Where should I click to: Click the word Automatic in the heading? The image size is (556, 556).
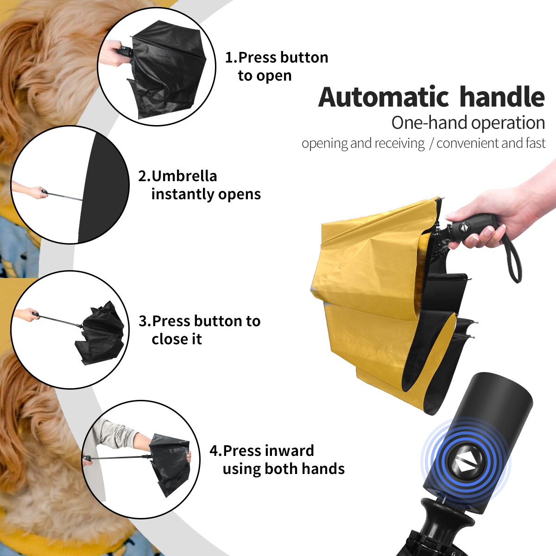384,97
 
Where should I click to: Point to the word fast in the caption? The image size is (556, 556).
535,143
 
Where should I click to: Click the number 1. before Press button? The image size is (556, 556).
231,57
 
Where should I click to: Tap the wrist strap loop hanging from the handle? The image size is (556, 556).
514,259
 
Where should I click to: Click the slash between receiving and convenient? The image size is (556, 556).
431,144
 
